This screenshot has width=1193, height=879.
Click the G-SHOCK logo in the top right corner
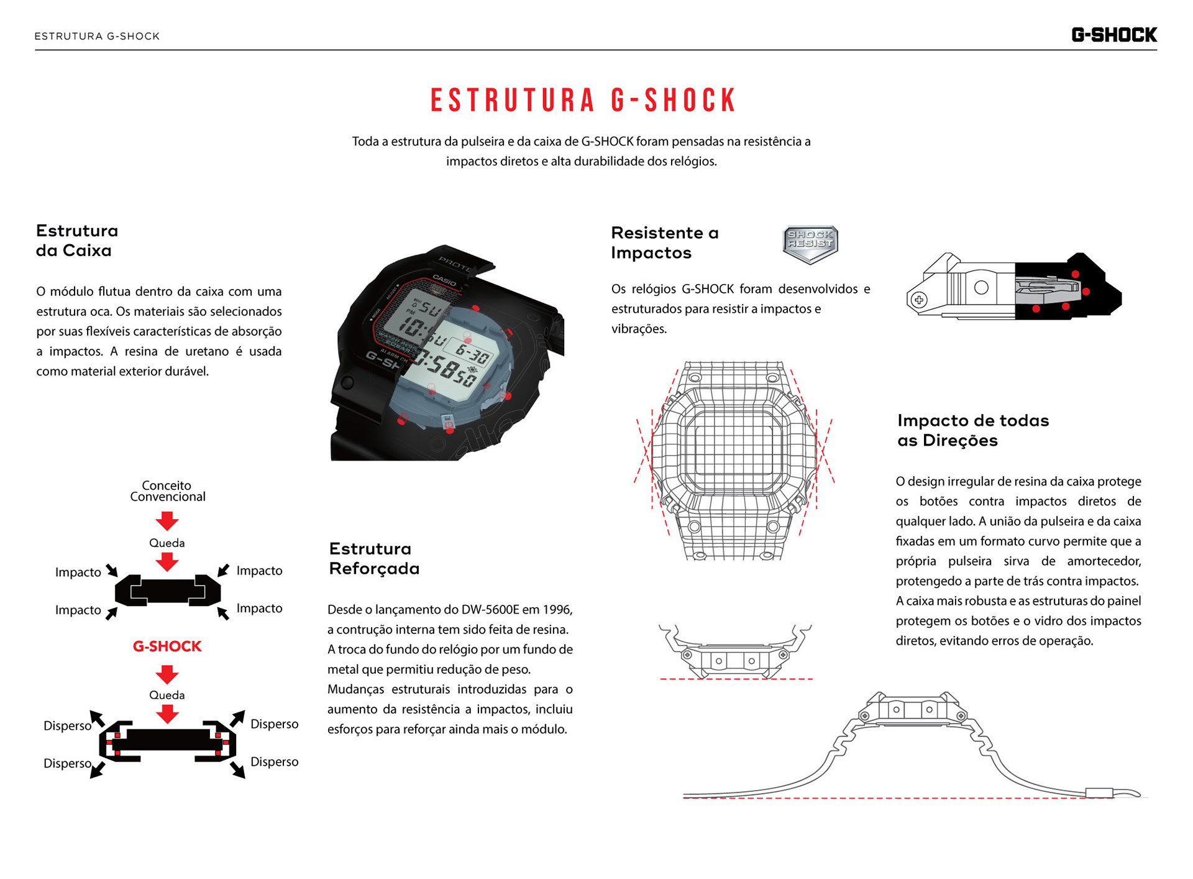point(1113,35)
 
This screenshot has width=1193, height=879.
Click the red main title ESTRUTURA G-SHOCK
point(583,101)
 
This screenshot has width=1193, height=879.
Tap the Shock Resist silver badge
point(810,243)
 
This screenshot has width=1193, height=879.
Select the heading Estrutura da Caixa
point(77,241)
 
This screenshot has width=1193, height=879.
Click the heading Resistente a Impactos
point(664,242)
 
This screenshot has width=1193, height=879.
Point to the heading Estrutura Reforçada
point(373,558)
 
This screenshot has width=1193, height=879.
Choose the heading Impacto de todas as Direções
point(972,430)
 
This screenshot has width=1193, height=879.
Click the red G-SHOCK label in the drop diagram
point(167,647)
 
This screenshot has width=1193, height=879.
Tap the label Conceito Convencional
point(167,490)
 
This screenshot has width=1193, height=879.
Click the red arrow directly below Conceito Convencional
point(167,520)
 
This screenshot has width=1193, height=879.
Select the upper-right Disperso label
point(274,724)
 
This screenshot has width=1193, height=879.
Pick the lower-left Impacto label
point(78,610)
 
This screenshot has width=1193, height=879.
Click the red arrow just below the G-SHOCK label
point(167,674)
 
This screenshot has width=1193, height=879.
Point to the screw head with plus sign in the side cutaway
point(918,300)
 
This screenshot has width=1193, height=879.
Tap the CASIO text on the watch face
point(444,280)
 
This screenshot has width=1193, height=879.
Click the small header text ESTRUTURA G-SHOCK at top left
point(97,36)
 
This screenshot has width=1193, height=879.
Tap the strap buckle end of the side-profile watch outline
point(1099,793)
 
